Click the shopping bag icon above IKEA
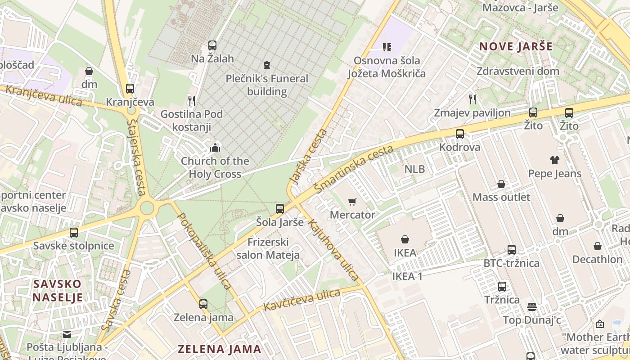(x=405, y=239)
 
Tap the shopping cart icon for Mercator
(x=352, y=202)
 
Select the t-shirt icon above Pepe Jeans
(x=554, y=160)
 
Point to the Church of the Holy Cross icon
(x=215, y=147)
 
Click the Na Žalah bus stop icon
(x=212, y=45)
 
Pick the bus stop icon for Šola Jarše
(x=280, y=209)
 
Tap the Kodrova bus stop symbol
(x=459, y=134)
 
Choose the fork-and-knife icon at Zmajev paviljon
(x=472, y=99)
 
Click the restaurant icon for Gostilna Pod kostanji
(x=191, y=100)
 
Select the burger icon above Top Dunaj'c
(x=532, y=307)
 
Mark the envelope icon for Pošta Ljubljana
(x=67, y=334)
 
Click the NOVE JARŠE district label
(x=516, y=46)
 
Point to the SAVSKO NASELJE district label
(x=58, y=291)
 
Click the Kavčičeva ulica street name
(x=302, y=300)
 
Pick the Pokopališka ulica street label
(x=205, y=250)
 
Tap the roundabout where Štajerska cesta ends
(x=147, y=208)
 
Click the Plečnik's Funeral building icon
(x=267, y=66)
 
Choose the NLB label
(x=414, y=169)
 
